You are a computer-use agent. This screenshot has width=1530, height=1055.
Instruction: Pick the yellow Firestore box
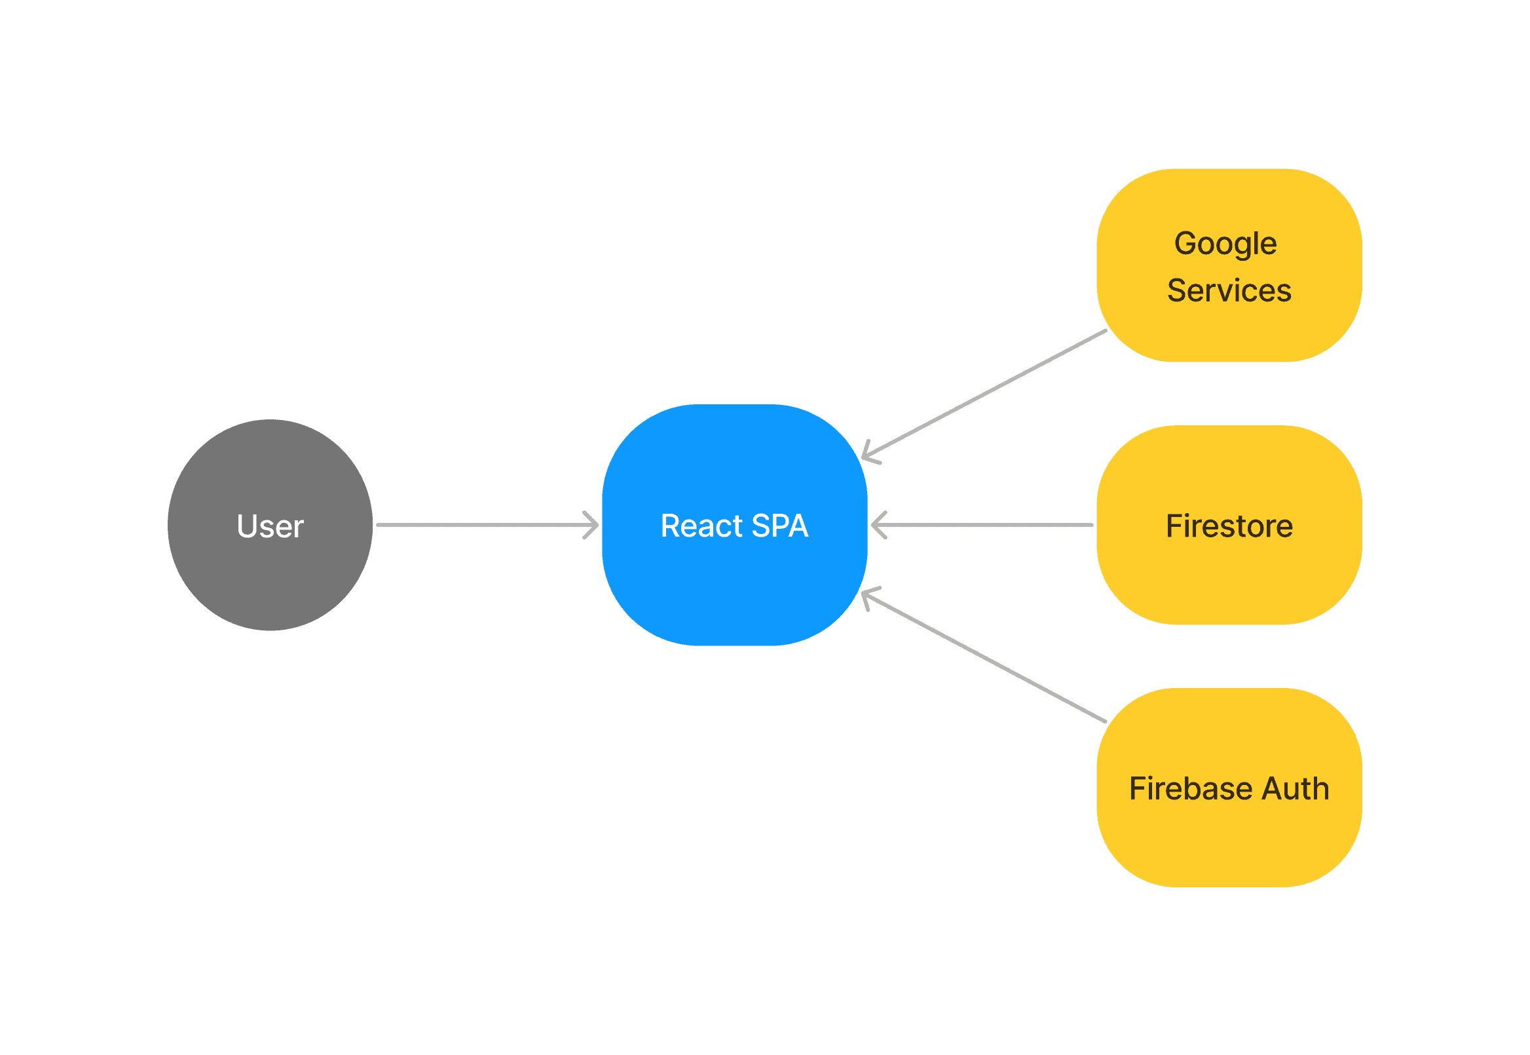(x=1229, y=575)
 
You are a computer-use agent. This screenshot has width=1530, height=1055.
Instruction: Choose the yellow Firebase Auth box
(x=1229, y=839)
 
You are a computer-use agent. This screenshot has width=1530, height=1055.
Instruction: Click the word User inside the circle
(x=270, y=526)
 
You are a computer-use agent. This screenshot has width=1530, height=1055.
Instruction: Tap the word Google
(x=1225, y=243)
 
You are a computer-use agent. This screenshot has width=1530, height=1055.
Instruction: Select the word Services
(x=1229, y=290)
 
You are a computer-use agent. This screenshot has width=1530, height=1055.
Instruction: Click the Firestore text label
(x=1229, y=526)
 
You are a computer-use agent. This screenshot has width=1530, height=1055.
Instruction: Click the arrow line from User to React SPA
(x=482, y=525)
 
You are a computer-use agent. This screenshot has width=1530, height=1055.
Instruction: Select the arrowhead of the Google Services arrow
(x=869, y=454)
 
